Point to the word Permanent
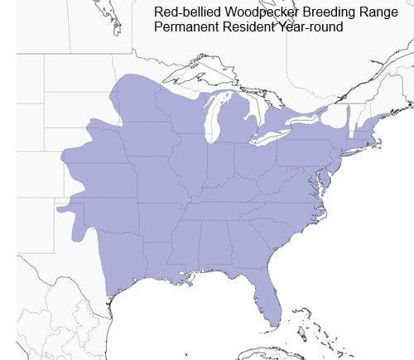click(x=185, y=27)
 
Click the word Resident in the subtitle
click(x=246, y=27)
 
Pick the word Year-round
click(x=308, y=27)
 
